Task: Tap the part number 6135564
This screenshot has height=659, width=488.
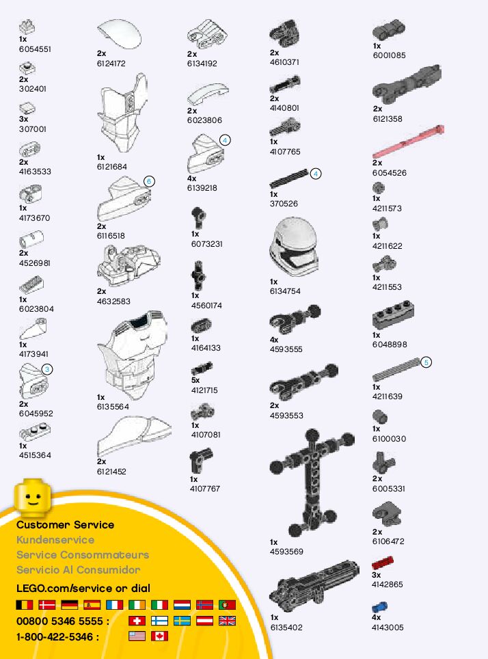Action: (113, 407)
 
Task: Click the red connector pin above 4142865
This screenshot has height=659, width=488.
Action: (383, 564)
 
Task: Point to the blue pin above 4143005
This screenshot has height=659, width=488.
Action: (379, 606)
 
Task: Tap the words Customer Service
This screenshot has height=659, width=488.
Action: (65, 525)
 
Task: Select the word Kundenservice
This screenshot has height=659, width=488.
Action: (55, 540)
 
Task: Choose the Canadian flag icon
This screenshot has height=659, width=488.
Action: (159, 636)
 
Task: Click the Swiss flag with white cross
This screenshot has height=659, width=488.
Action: (137, 621)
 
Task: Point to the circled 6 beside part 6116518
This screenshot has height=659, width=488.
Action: (150, 181)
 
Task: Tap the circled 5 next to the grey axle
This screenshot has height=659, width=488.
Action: (426, 362)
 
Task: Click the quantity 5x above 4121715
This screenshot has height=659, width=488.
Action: (195, 380)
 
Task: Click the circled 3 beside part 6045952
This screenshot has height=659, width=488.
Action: (46, 369)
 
